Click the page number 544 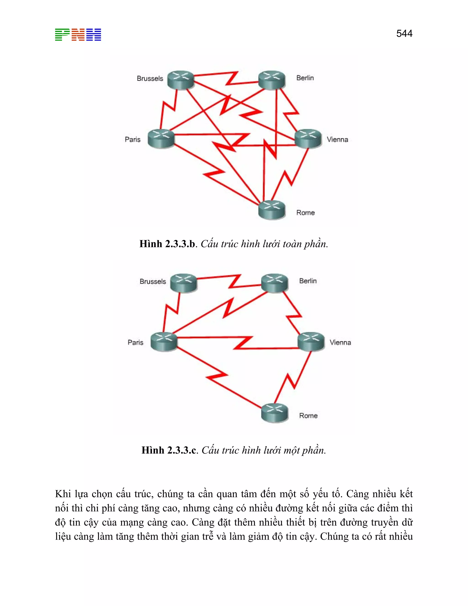tap(404, 34)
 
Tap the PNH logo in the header tap(78, 35)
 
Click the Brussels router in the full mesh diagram tap(181, 80)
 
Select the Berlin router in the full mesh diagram tap(272, 80)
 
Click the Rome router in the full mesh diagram tap(272, 210)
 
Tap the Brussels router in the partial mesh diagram tap(183, 283)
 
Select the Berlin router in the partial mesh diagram tap(275, 283)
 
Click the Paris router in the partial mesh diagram tap(164, 342)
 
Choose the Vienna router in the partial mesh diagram tap(311, 342)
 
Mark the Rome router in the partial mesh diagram tap(275, 413)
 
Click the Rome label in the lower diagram tap(308, 416)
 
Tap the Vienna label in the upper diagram tap(337, 139)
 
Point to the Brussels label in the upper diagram tap(150, 78)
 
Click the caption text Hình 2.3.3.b tap(168, 244)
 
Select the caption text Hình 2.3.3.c tap(169, 450)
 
